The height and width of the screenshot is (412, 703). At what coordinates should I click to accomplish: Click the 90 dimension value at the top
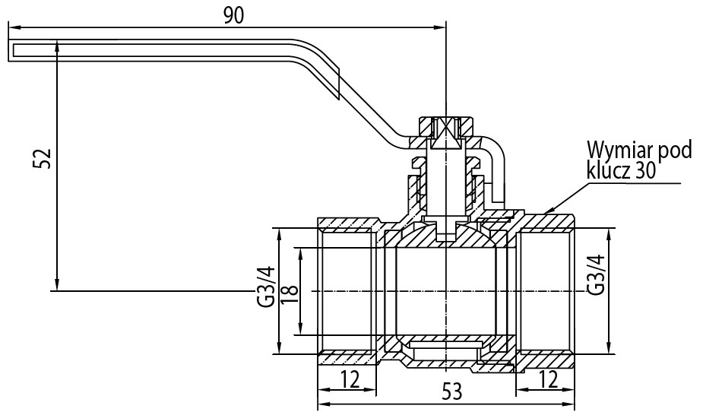click(x=233, y=15)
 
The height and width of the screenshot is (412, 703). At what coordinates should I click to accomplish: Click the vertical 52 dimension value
click(x=43, y=158)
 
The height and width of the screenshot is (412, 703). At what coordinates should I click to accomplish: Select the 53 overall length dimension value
click(x=451, y=391)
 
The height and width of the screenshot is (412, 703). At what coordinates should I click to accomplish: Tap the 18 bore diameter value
click(x=290, y=292)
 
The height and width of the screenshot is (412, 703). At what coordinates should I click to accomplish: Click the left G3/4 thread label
click(x=266, y=287)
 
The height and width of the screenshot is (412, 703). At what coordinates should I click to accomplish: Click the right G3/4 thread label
click(x=597, y=274)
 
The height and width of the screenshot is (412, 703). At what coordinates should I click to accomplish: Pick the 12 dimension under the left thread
click(x=350, y=379)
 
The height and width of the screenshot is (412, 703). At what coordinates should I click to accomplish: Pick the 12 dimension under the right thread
click(x=548, y=379)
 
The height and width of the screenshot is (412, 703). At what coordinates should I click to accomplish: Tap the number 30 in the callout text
click(x=645, y=170)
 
